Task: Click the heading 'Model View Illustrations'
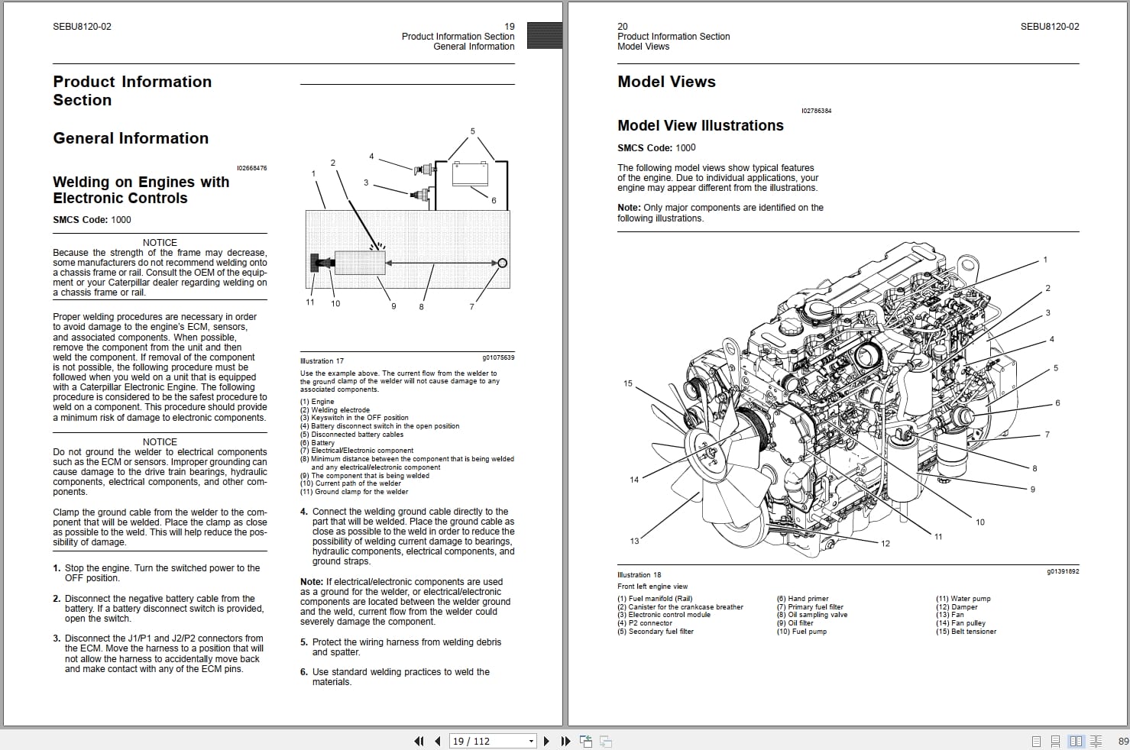tap(700, 126)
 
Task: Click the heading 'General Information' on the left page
tap(131, 138)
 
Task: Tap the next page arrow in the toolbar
tap(546, 741)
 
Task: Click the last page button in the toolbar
tap(565, 741)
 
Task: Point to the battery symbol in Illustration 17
tap(470, 173)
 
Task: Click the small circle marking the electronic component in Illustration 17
tap(502, 263)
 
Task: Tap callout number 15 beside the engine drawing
tap(628, 383)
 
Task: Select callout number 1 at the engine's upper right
tap(1045, 260)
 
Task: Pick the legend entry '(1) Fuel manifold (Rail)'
tap(654, 599)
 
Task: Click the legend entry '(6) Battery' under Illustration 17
tap(317, 442)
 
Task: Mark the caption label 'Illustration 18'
tap(639, 575)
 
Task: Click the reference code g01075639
tap(498, 357)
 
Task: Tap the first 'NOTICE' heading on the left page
tap(160, 242)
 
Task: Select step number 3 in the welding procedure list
tap(57, 638)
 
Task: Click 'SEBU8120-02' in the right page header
tap(1049, 27)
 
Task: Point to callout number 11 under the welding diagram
tap(310, 302)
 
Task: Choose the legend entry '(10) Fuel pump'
tap(801, 632)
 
